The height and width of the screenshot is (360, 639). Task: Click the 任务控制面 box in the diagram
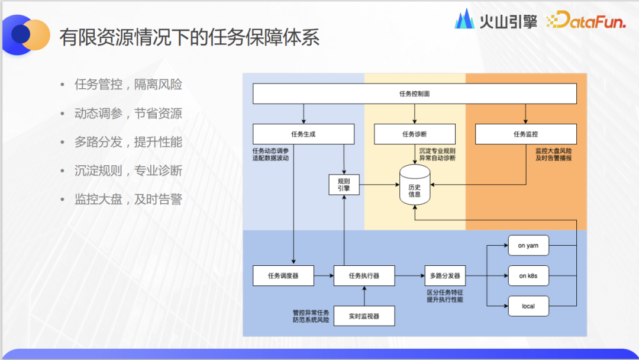[414, 94]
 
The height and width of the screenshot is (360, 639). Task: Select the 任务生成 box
[303, 134]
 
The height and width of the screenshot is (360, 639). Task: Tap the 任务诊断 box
[414, 134]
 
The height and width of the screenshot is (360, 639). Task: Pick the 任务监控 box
[525, 134]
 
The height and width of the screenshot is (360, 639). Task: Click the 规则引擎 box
[344, 185]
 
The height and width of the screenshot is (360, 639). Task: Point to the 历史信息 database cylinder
[414, 186]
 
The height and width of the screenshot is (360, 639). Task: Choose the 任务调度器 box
[283, 275]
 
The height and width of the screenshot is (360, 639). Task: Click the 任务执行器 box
[364, 275]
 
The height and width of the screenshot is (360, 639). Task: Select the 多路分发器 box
[445, 275]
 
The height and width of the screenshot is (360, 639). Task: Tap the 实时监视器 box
[364, 316]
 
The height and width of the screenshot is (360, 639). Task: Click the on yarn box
[528, 245]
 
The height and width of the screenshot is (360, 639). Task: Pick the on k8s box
[528, 276]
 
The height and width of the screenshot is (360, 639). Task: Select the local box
[528, 306]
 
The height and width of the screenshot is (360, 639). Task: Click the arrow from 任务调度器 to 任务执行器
[323, 275]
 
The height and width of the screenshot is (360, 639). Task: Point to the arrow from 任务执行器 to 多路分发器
[409, 275]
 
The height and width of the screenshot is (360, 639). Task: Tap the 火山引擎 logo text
[508, 22]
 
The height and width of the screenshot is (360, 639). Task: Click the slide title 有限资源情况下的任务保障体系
[189, 37]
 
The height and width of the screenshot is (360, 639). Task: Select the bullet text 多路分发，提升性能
[128, 142]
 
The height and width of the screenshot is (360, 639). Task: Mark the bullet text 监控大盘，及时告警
[128, 199]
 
